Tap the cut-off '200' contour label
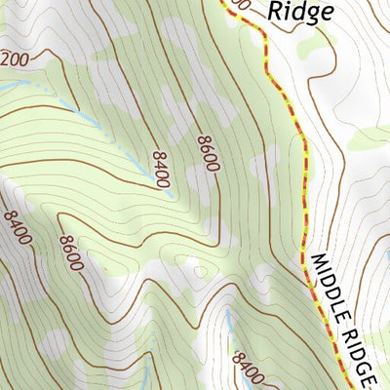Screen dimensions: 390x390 [15, 59]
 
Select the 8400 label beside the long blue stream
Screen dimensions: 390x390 [160, 168]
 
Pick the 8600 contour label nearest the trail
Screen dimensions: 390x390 [205, 154]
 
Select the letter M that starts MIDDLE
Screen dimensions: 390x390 [318, 261]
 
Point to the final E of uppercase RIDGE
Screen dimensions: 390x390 [371, 376]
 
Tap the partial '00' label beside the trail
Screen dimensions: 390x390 [243, 6]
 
